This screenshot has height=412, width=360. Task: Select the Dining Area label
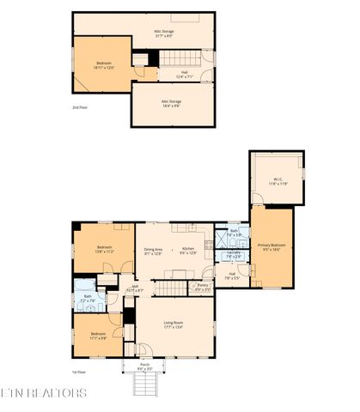(153, 251)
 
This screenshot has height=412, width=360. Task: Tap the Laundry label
(233, 255)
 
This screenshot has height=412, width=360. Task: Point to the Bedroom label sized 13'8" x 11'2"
(105, 249)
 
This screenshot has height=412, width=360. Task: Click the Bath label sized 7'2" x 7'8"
(88, 300)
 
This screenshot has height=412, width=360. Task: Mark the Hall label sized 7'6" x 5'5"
(232, 276)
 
